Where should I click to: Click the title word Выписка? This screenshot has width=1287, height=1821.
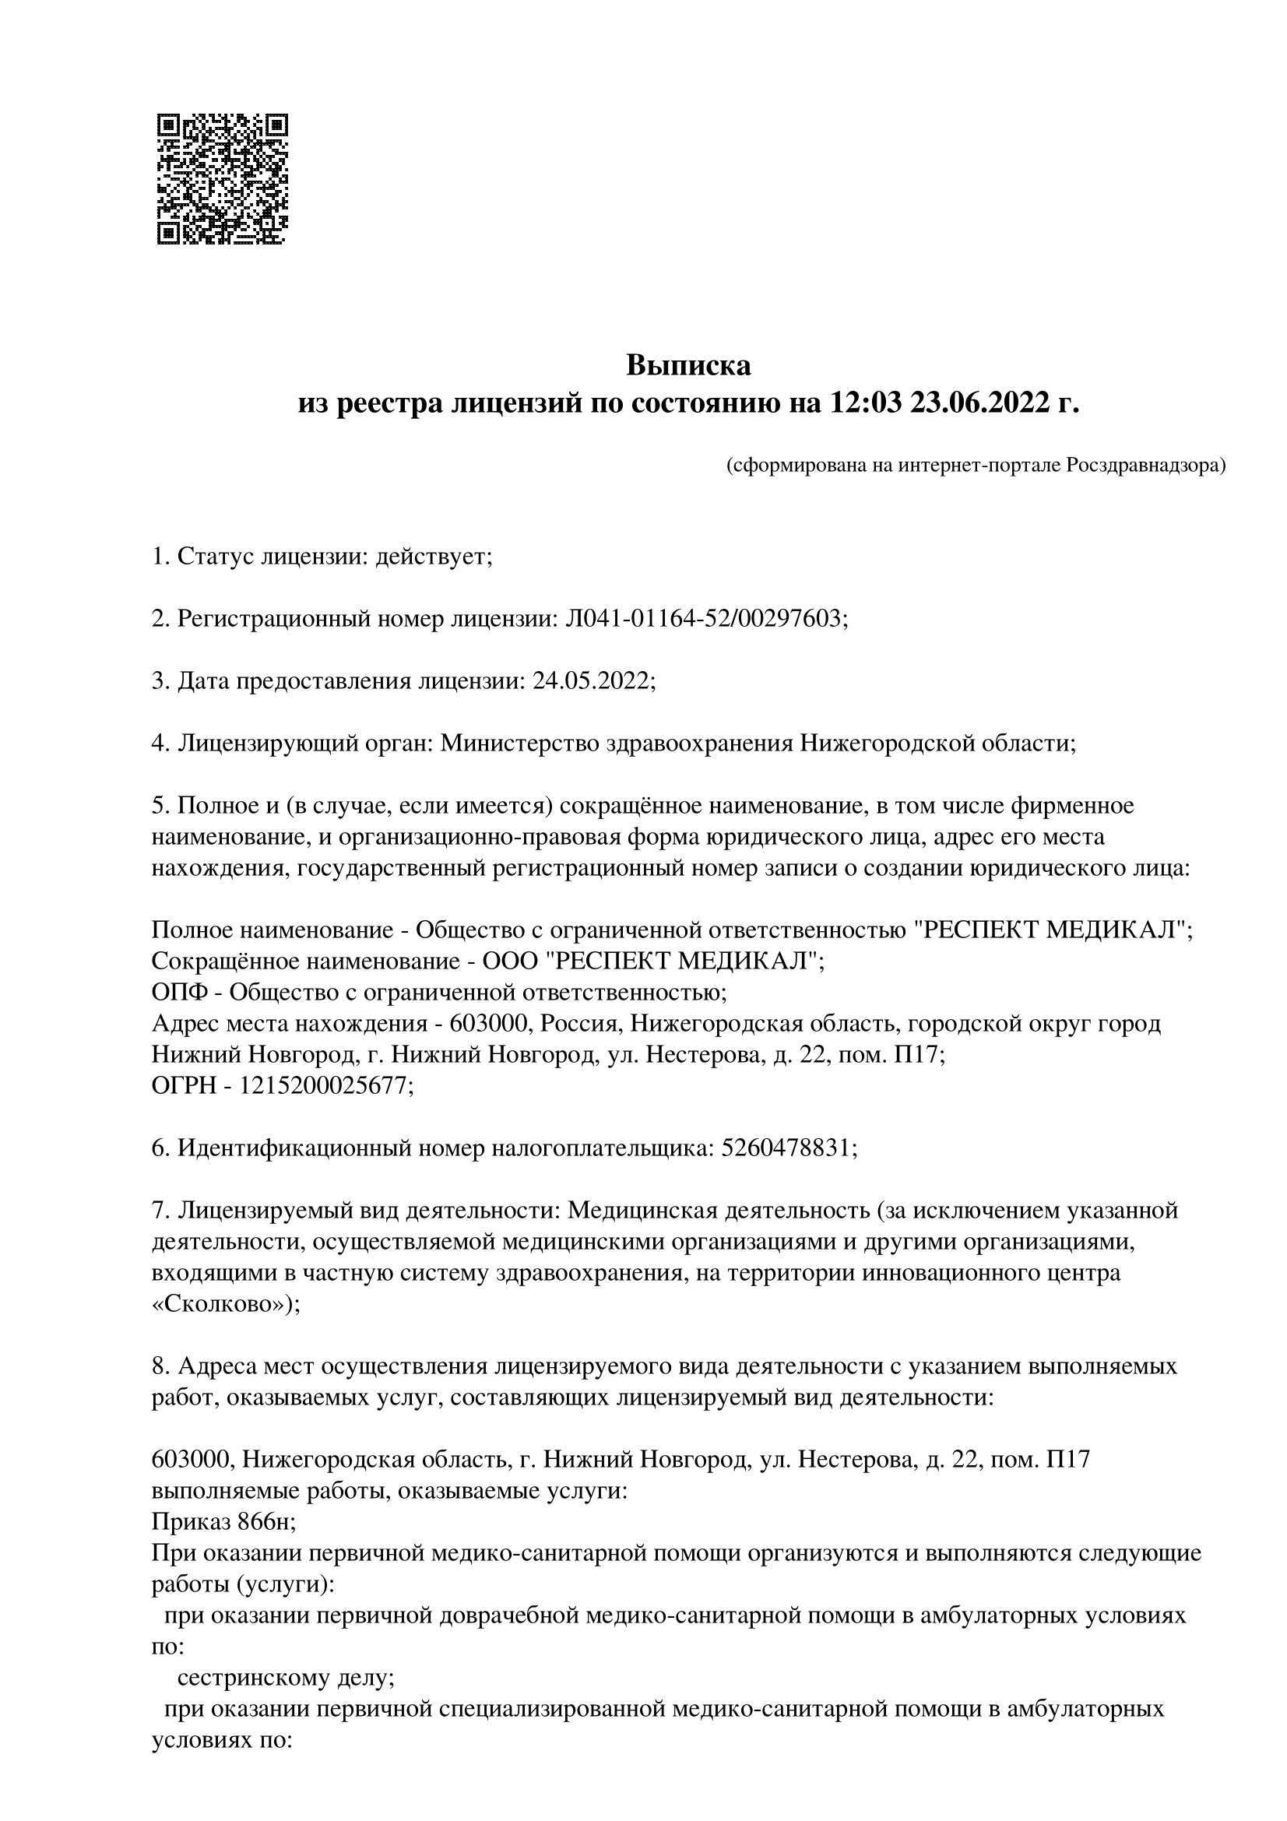click(x=688, y=366)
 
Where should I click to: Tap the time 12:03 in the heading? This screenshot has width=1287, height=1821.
click(x=866, y=404)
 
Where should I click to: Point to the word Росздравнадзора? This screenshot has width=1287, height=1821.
click(x=1145, y=466)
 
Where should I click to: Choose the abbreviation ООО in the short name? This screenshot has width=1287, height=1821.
click(x=508, y=961)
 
